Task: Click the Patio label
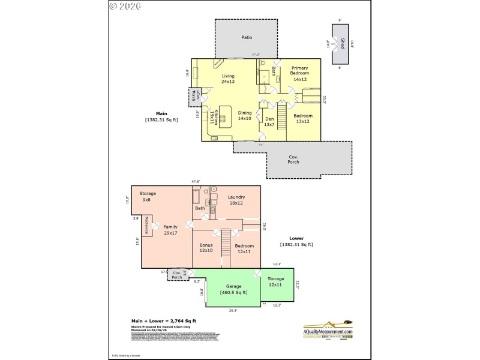click(247, 37)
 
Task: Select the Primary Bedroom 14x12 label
click(299, 76)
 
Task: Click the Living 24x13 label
click(228, 79)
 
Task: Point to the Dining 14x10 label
click(245, 116)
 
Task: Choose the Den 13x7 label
click(269, 122)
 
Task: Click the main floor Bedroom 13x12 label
click(303, 119)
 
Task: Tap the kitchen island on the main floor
click(225, 115)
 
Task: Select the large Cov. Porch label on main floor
click(293, 160)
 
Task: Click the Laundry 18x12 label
click(236, 200)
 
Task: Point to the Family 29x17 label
click(170, 230)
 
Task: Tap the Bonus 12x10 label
click(206, 247)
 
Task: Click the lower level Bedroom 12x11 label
click(244, 249)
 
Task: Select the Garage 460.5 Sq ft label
click(233, 290)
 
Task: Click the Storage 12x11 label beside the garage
click(276, 281)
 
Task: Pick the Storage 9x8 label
click(148, 197)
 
